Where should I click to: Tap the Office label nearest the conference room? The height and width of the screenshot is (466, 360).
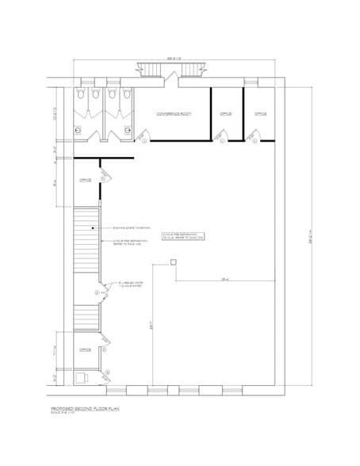pyautogui.click(x=225, y=114)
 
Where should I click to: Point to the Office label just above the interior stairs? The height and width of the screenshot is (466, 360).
pyautogui.click(x=86, y=181)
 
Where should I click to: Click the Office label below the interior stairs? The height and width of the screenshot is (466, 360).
pyautogui.click(x=85, y=349)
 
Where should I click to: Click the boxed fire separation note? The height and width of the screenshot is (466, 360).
pyautogui.click(x=183, y=235)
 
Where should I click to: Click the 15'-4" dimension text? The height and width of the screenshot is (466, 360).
pyautogui.click(x=224, y=278)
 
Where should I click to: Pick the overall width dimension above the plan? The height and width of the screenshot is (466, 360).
pyautogui.click(x=174, y=58)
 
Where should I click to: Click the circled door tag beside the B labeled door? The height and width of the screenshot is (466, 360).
pyautogui.click(x=97, y=293)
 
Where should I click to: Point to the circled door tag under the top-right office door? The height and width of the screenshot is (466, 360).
pyautogui.click(x=255, y=142)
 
